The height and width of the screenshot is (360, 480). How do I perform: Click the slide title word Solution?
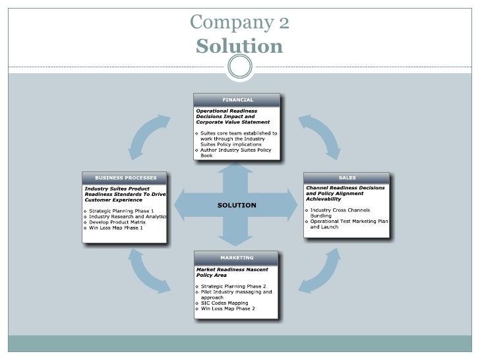point(239,47)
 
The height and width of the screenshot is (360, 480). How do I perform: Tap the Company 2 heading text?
point(239,23)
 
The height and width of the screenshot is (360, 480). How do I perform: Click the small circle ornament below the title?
point(240,66)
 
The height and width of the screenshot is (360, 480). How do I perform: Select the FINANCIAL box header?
point(237,100)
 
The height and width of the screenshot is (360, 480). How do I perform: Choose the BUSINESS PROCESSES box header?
point(125,178)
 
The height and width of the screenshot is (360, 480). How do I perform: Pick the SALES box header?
point(346,178)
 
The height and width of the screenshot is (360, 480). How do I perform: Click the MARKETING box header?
point(237,257)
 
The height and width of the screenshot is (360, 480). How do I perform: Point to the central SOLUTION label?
point(237,205)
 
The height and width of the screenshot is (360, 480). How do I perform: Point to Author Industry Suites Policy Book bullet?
point(236,152)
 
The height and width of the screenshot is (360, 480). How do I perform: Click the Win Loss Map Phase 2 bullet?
point(227,308)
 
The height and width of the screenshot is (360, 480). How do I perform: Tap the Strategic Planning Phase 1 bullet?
point(122,210)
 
